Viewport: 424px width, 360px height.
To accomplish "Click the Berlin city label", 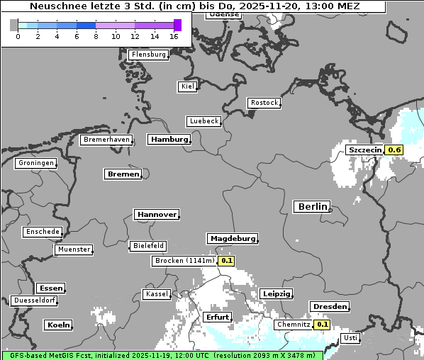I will coord(312,206).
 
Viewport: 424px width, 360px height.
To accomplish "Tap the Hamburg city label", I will coord(169,140).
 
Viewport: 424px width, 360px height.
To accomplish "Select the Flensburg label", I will coord(149,55).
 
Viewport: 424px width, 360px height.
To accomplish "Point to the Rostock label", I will coord(264,103).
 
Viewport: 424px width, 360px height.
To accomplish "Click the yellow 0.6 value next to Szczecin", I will coord(394,150).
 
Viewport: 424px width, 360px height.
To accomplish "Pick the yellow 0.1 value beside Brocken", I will coord(226,261).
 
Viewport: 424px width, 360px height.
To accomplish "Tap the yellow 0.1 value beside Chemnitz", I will coord(323,324).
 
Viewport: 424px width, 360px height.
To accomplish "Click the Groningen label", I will coord(35,163).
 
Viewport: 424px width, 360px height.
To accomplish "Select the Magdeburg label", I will coord(233,238).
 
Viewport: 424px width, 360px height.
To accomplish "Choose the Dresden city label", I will coord(329,307).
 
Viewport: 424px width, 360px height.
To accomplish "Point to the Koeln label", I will coord(58,325).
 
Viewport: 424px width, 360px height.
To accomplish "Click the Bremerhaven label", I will coord(106,140).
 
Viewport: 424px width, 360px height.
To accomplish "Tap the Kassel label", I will coord(156,293).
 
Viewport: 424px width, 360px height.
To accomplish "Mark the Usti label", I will coord(350,338).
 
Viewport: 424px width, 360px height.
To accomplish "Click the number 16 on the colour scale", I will coord(174,36).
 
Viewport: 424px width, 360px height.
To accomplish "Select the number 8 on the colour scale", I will coord(96,36).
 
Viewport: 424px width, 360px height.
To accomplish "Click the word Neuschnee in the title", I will coord(54,6).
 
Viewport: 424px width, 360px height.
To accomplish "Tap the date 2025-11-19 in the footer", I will coord(144,355).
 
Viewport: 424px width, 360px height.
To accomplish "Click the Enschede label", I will coord(42,232).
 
